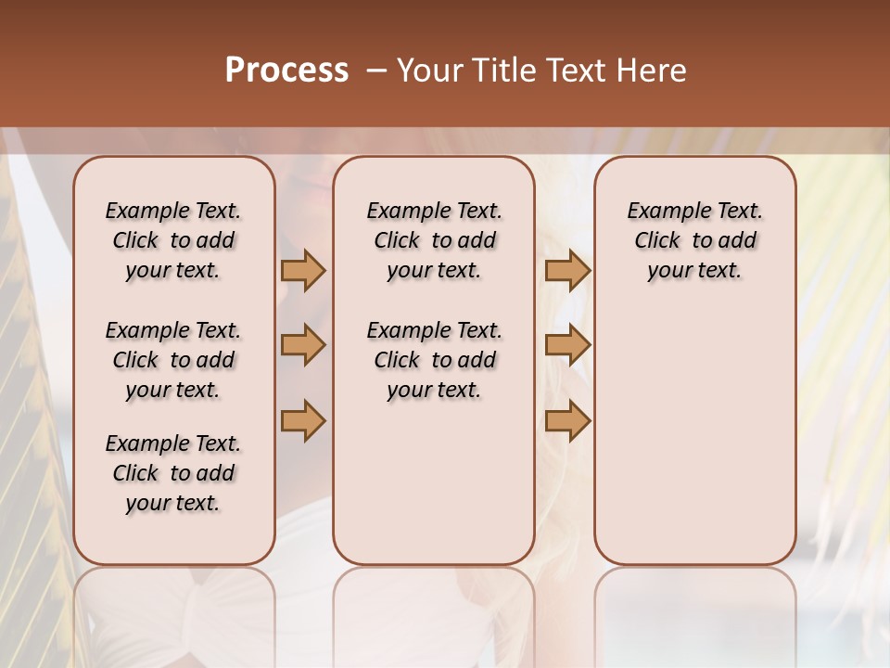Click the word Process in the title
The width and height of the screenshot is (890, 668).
point(286,71)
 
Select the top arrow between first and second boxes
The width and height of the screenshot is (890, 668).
point(303,271)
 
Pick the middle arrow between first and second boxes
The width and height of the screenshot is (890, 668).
point(303,346)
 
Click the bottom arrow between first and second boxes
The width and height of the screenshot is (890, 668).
point(303,421)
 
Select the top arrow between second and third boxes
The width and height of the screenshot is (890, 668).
point(567,271)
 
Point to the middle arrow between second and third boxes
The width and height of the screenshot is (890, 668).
point(567,346)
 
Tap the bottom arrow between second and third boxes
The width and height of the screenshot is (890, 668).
point(567,421)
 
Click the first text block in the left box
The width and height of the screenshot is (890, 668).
point(173,240)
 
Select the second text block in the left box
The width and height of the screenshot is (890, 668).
point(173,360)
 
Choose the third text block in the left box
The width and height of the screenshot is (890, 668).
point(173,473)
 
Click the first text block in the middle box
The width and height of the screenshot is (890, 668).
point(434,240)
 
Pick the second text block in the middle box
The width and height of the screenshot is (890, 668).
point(434,360)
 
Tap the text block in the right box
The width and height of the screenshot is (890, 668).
point(694,240)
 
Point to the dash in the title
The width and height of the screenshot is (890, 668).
point(375,71)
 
